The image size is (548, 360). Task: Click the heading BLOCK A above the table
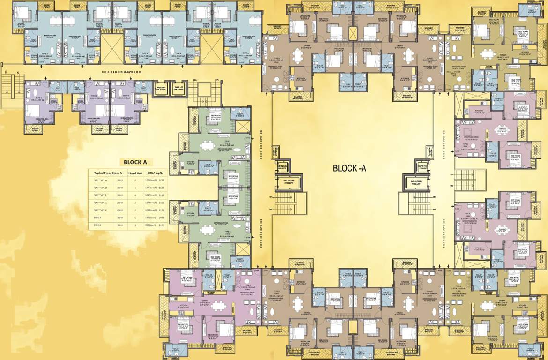pyautogui.click(x=135, y=162)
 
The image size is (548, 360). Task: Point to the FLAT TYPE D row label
pyautogui.click(x=101, y=187)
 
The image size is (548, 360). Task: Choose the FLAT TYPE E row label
pyautogui.click(x=101, y=195)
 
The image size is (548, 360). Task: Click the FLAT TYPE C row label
pyautogui.click(x=101, y=210)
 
